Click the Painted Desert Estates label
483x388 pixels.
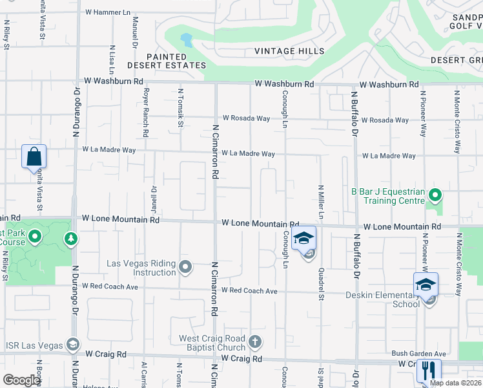[167, 61]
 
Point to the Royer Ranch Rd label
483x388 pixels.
[146, 113]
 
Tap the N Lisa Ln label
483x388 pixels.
[112, 59]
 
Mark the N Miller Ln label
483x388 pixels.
[320, 201]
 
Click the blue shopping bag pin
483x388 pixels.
[34, 157]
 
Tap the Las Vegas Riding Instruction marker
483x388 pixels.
[186, 266]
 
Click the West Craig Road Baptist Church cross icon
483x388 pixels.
[255, 341]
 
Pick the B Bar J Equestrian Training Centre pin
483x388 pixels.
[436, 194]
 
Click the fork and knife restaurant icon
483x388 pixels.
[428, 371]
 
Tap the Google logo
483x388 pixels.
[21, 380]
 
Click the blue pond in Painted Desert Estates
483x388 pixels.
[187, 41]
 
